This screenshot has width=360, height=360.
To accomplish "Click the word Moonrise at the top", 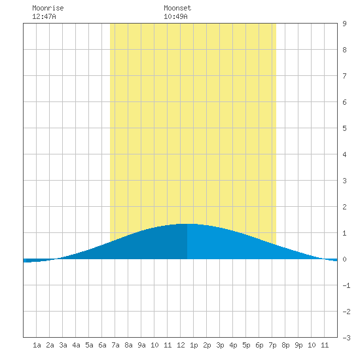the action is click(x=48, y=8).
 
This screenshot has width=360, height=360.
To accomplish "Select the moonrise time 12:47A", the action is click(x=44, y=16).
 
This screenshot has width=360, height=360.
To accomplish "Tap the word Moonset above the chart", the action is click(x=177, y=8).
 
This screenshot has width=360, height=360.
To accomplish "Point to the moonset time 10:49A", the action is click(x=175, y=16).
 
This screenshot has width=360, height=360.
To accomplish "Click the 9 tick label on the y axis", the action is click(x=344, y=24).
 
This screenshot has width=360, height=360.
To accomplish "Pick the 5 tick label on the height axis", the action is click(x=344, y=128).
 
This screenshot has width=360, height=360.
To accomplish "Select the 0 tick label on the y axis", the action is click(x=344, y=259).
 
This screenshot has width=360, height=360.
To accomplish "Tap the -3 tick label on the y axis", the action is click(x=346, y=338).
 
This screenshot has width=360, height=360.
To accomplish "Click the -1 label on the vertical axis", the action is click(x=346, y=285).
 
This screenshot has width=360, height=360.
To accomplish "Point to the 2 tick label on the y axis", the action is click(x=344, y=207).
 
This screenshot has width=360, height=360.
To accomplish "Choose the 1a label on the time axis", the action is click(x=37, y=345).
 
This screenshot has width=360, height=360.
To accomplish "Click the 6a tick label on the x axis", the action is click(x=102, y=345).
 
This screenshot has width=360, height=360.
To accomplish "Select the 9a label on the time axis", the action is click(x=141, y=345).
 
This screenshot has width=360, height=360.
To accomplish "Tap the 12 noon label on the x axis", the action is click(x=181, y=345).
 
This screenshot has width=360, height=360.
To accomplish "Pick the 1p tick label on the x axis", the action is click(x=194, y=345).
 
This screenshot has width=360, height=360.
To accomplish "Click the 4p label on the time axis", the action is click(x=233, y=345).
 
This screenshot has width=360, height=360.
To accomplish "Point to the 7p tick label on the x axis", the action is click(x=272, y=345).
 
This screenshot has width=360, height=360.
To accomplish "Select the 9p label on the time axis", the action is click(x=298, y=345).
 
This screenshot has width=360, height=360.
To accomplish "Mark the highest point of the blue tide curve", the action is click(x=187, y=224).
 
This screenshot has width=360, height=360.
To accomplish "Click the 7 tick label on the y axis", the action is click(x=344, y=76).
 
